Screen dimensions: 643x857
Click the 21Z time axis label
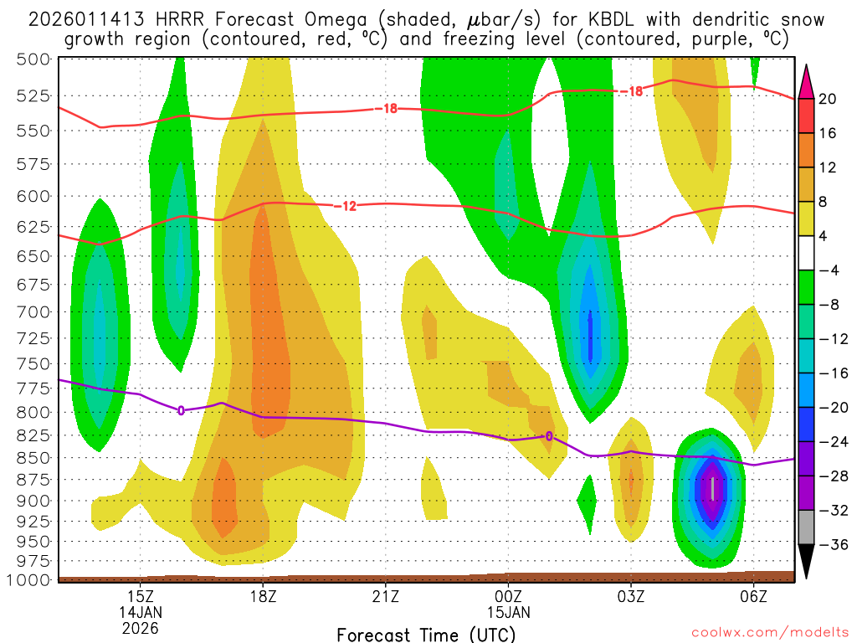click(x=386, y=596)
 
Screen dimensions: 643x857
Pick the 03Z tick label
click(x=631, y=596)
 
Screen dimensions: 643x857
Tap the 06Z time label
click(x=754, y=596)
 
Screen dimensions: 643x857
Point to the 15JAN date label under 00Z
click(x=509, y=612)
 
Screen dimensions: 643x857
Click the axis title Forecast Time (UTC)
click(x=426, y=634)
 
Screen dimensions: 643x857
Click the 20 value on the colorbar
click(x=828, y=99)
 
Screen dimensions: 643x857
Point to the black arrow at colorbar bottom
click(x=807, y=563)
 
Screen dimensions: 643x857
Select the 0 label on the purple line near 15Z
click(x=181, y=410)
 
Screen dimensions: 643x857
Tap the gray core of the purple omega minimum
click(x=713, y=488)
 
